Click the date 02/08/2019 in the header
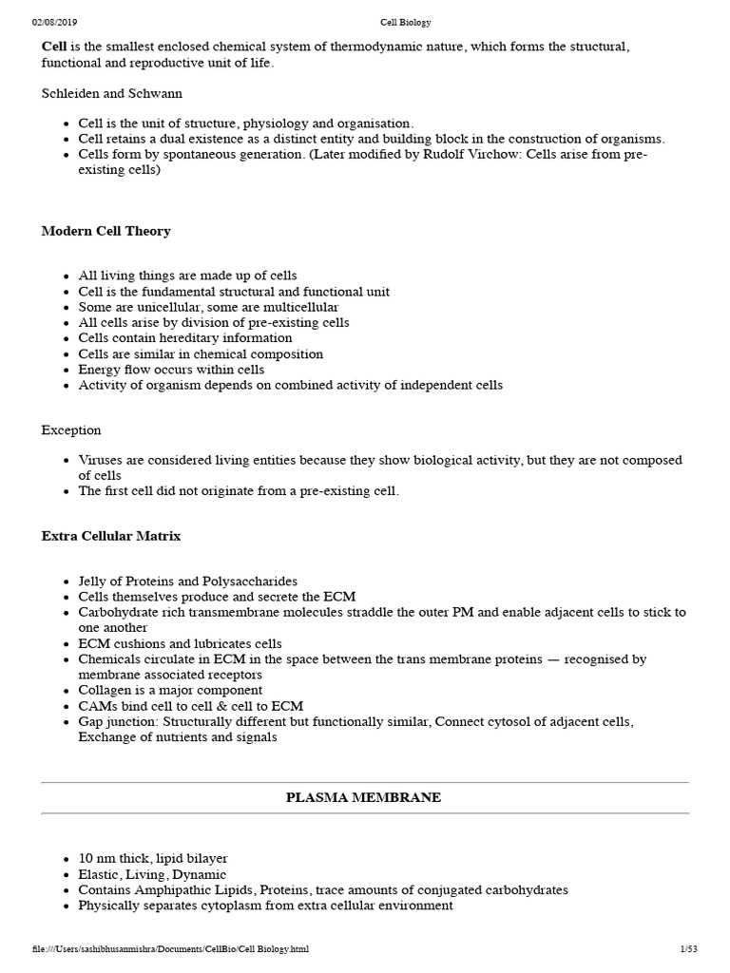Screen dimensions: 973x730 pyautogui.click(x=53, y=22)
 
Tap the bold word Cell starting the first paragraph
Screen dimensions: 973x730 pyautogui.click(x=54, y=47)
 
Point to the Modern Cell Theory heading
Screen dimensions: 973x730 pyautogui.click(x=106, y=231)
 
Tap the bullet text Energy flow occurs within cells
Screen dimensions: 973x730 pyautogui.click(x=171, y=370)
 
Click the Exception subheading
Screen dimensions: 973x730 pyautogui.click(x=71, y=430)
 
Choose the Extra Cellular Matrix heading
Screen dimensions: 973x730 pyautogui.click(x=110, y=536)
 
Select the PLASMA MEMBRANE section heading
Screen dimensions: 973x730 pyautogui.click(x=364, y=798)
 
